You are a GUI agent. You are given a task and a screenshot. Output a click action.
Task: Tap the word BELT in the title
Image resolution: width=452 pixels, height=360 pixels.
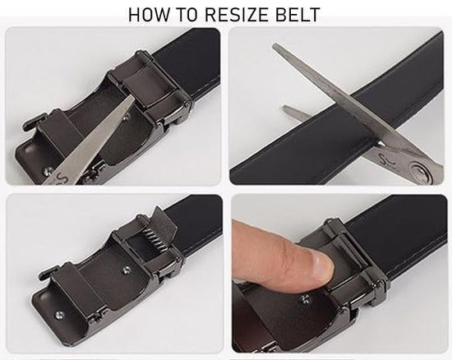(297, 15)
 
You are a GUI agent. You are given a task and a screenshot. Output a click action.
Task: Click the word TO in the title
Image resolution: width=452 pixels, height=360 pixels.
(187, 15)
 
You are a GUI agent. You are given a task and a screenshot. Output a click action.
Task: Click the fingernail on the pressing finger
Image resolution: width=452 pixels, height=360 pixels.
(324, 266)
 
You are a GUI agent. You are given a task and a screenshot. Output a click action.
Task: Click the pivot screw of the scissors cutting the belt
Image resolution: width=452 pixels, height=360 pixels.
(422, 173)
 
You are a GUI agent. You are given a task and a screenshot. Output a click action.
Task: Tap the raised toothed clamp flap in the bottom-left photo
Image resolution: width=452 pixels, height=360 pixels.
(165, 221)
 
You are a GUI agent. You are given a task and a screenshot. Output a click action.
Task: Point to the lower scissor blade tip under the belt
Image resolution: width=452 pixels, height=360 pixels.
(285, 108)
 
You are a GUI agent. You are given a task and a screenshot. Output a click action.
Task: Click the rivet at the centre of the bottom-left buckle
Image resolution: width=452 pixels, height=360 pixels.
(127, 270)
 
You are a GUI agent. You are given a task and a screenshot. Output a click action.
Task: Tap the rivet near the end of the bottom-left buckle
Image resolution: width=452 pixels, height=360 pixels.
(59, 315)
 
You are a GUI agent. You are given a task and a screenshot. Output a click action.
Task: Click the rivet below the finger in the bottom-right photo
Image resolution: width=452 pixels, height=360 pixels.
(305, 299)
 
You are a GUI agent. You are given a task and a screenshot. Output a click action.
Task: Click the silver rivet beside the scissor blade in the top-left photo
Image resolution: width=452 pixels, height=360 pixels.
(48, 172)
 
